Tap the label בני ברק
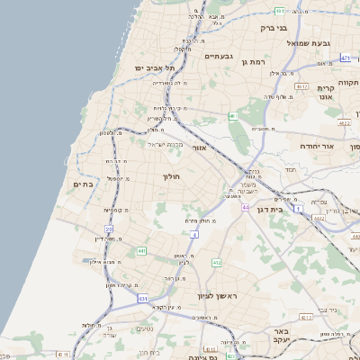pyautogui.click(x=273, y=28)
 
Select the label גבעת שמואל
pyautogui.click(x=310, y=43)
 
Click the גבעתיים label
pyautogui.click(x=219, y=58)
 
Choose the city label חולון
pyautogui.click(x=171, y=177)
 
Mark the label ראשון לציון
pyautogui.click(x=215, y=294)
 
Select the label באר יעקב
pyautogui.click(x=269, y=337)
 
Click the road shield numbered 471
pyautogui.click(x=346, y=58)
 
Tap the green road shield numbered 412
pyautogui.click(x=216, y=262)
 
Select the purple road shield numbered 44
pyautogui.click(x=246, y=207)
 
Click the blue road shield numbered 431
pyautogui.click(x=142, y=296)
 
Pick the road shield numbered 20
pyautogui.click(x=109, y=230)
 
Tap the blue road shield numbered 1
pyautogui.click(x=298, y=208)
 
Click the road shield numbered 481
pyautogui.click(x=280, y=11)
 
